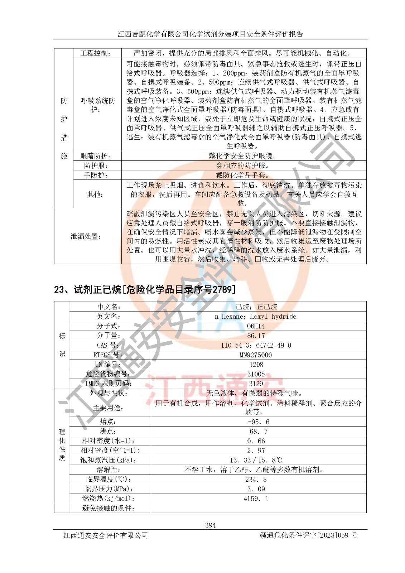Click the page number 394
210,525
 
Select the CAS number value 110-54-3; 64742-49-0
256,345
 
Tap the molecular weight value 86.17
256,336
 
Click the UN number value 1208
256,365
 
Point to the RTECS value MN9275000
256,355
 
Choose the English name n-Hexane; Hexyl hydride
255,316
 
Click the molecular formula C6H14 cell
256,326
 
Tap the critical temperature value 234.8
256,480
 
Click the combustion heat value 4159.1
256,499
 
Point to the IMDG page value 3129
256,384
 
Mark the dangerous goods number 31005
256,374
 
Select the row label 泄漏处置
85,236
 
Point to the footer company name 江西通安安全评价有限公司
106,535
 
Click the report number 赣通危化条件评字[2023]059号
308,535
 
